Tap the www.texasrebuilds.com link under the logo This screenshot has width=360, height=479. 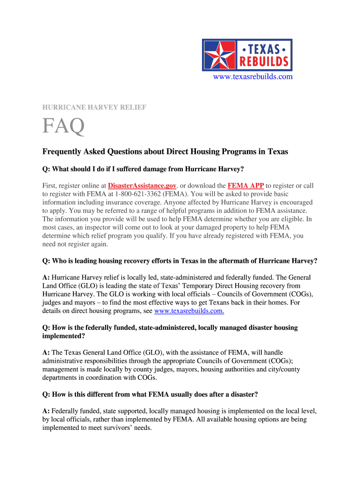coord(253,77)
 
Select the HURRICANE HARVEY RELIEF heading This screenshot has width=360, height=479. coord(94,108)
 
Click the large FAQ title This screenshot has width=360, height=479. coord(64,126)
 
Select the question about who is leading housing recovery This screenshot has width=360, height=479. coord(180,261)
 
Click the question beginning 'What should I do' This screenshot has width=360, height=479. coord(144,169)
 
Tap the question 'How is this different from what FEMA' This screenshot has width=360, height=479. coord(150,394)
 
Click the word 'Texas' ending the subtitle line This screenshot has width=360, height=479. coord(278,152)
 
